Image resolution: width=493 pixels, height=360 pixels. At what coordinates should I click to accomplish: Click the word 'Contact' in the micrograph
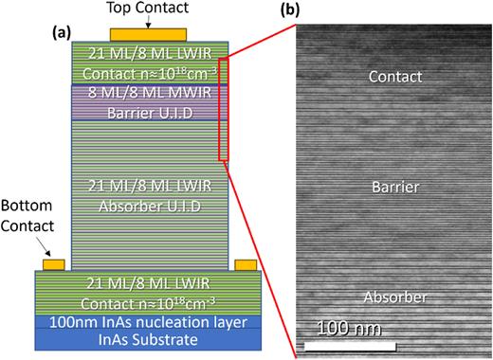pos(394,76)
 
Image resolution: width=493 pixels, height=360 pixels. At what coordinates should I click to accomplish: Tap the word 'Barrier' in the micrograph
pos(394,187)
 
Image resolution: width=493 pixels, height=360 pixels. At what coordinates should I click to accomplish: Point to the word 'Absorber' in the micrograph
pos(394,297)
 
